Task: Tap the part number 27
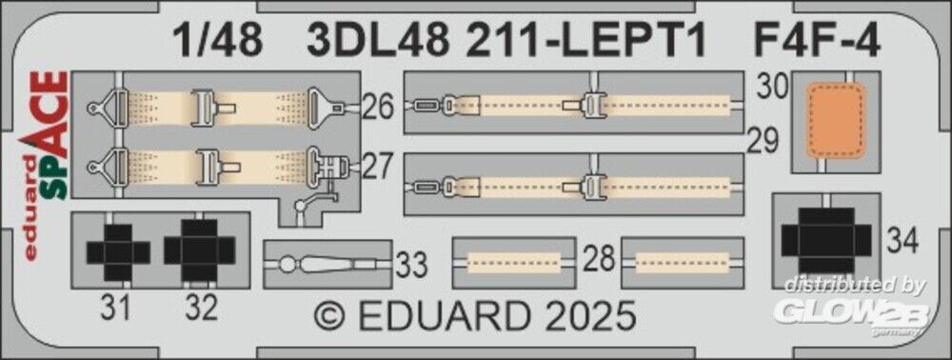[378, 167]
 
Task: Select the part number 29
[762, 142]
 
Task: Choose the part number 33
[412, 266]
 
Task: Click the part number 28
[599, 260]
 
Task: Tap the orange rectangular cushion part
[836, 121]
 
